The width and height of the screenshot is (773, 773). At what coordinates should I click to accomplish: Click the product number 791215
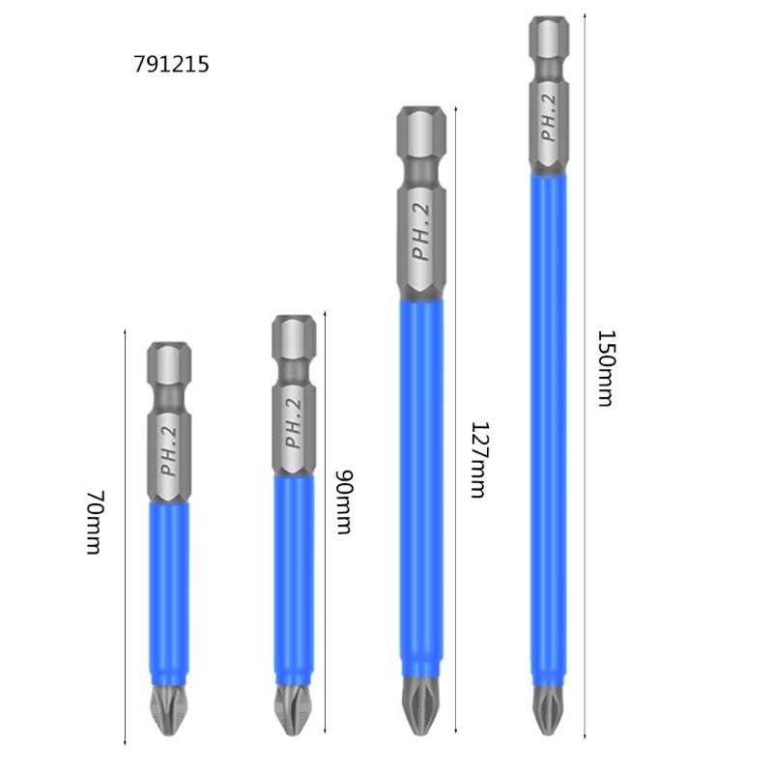(x=171, y=65)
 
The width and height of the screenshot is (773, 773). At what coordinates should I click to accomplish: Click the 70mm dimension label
(x=94, y=523)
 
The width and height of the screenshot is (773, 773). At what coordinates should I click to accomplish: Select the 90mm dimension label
(x=341, y=502)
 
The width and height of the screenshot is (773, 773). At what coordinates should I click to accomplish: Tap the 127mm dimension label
(x=476, y=459)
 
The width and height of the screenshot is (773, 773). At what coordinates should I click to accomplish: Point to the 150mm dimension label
(x=604, y=368)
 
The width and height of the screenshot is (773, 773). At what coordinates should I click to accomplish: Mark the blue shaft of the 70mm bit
(x=168, y=589)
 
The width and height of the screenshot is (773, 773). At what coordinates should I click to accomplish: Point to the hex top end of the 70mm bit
(x=168, y=362)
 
